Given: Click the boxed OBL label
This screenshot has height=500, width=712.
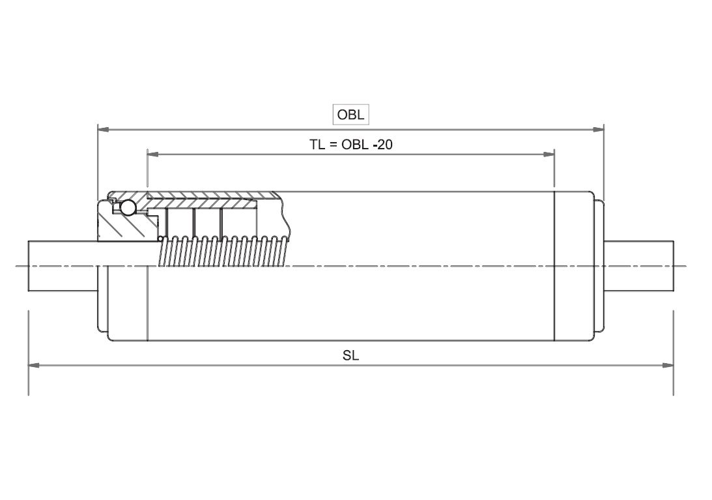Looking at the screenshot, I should pos(350,115).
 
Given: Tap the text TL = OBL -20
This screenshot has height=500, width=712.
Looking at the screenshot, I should pos(350,144).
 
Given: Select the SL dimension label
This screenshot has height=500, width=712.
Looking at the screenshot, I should pos(350,355).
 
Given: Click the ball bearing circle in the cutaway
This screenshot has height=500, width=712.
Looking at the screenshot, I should pos(128,208).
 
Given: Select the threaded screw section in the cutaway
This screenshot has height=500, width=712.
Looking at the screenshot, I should pos(221,252).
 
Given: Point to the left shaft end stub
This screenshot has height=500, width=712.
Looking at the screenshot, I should pos(62,265).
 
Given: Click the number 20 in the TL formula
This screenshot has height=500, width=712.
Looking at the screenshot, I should pos(385,144).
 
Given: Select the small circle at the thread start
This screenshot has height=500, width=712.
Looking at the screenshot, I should pos(160,239).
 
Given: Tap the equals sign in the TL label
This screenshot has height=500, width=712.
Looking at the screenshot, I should pos(332,144).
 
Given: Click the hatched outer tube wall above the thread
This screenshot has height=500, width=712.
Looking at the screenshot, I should pos(215,196).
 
